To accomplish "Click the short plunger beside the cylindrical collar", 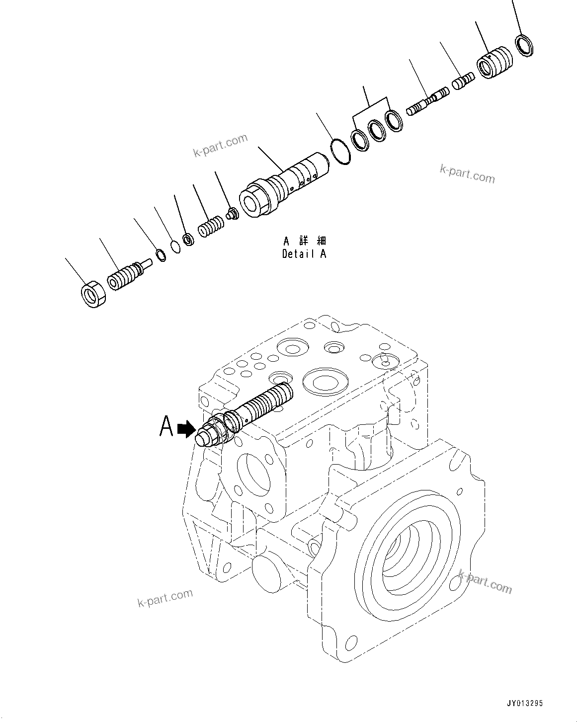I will click(463, 81).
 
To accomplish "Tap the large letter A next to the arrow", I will click(166, 426).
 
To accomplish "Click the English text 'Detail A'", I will click(304, 254).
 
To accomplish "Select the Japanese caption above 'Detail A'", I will click(304, 241).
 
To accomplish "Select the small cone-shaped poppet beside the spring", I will click(232, 215).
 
